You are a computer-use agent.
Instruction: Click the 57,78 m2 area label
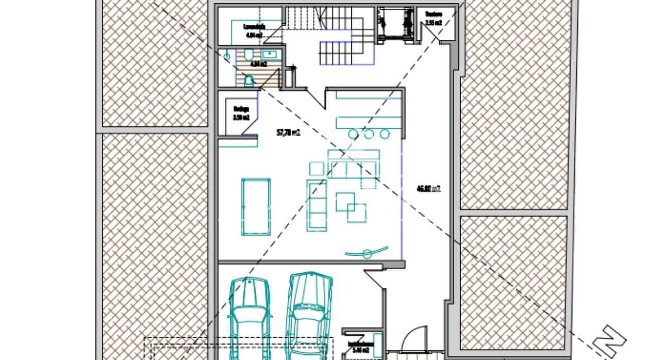pyautogui.click(x=288, y=133)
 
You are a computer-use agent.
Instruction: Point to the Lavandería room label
pyautogui.click(x=254, y=30)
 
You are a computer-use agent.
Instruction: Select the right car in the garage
pyautogui.click(x=309, y=315)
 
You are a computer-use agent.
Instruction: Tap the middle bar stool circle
pyautogui.click(x=369, y=134)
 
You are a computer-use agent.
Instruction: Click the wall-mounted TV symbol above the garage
pyautogui.click(x=367, y=253)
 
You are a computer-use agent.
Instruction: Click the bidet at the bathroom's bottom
pyautogui.click(x=250, y=80)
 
